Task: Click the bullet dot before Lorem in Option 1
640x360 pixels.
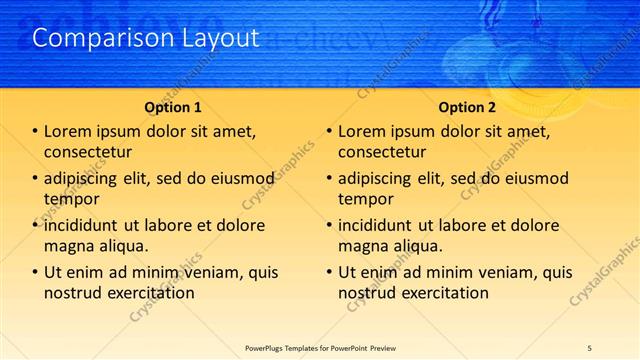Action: pos(35,131)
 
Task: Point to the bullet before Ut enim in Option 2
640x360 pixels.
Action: pos(329,272)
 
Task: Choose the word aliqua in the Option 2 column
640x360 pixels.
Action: pos(419,246)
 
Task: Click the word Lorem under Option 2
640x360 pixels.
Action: pos(364,131)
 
